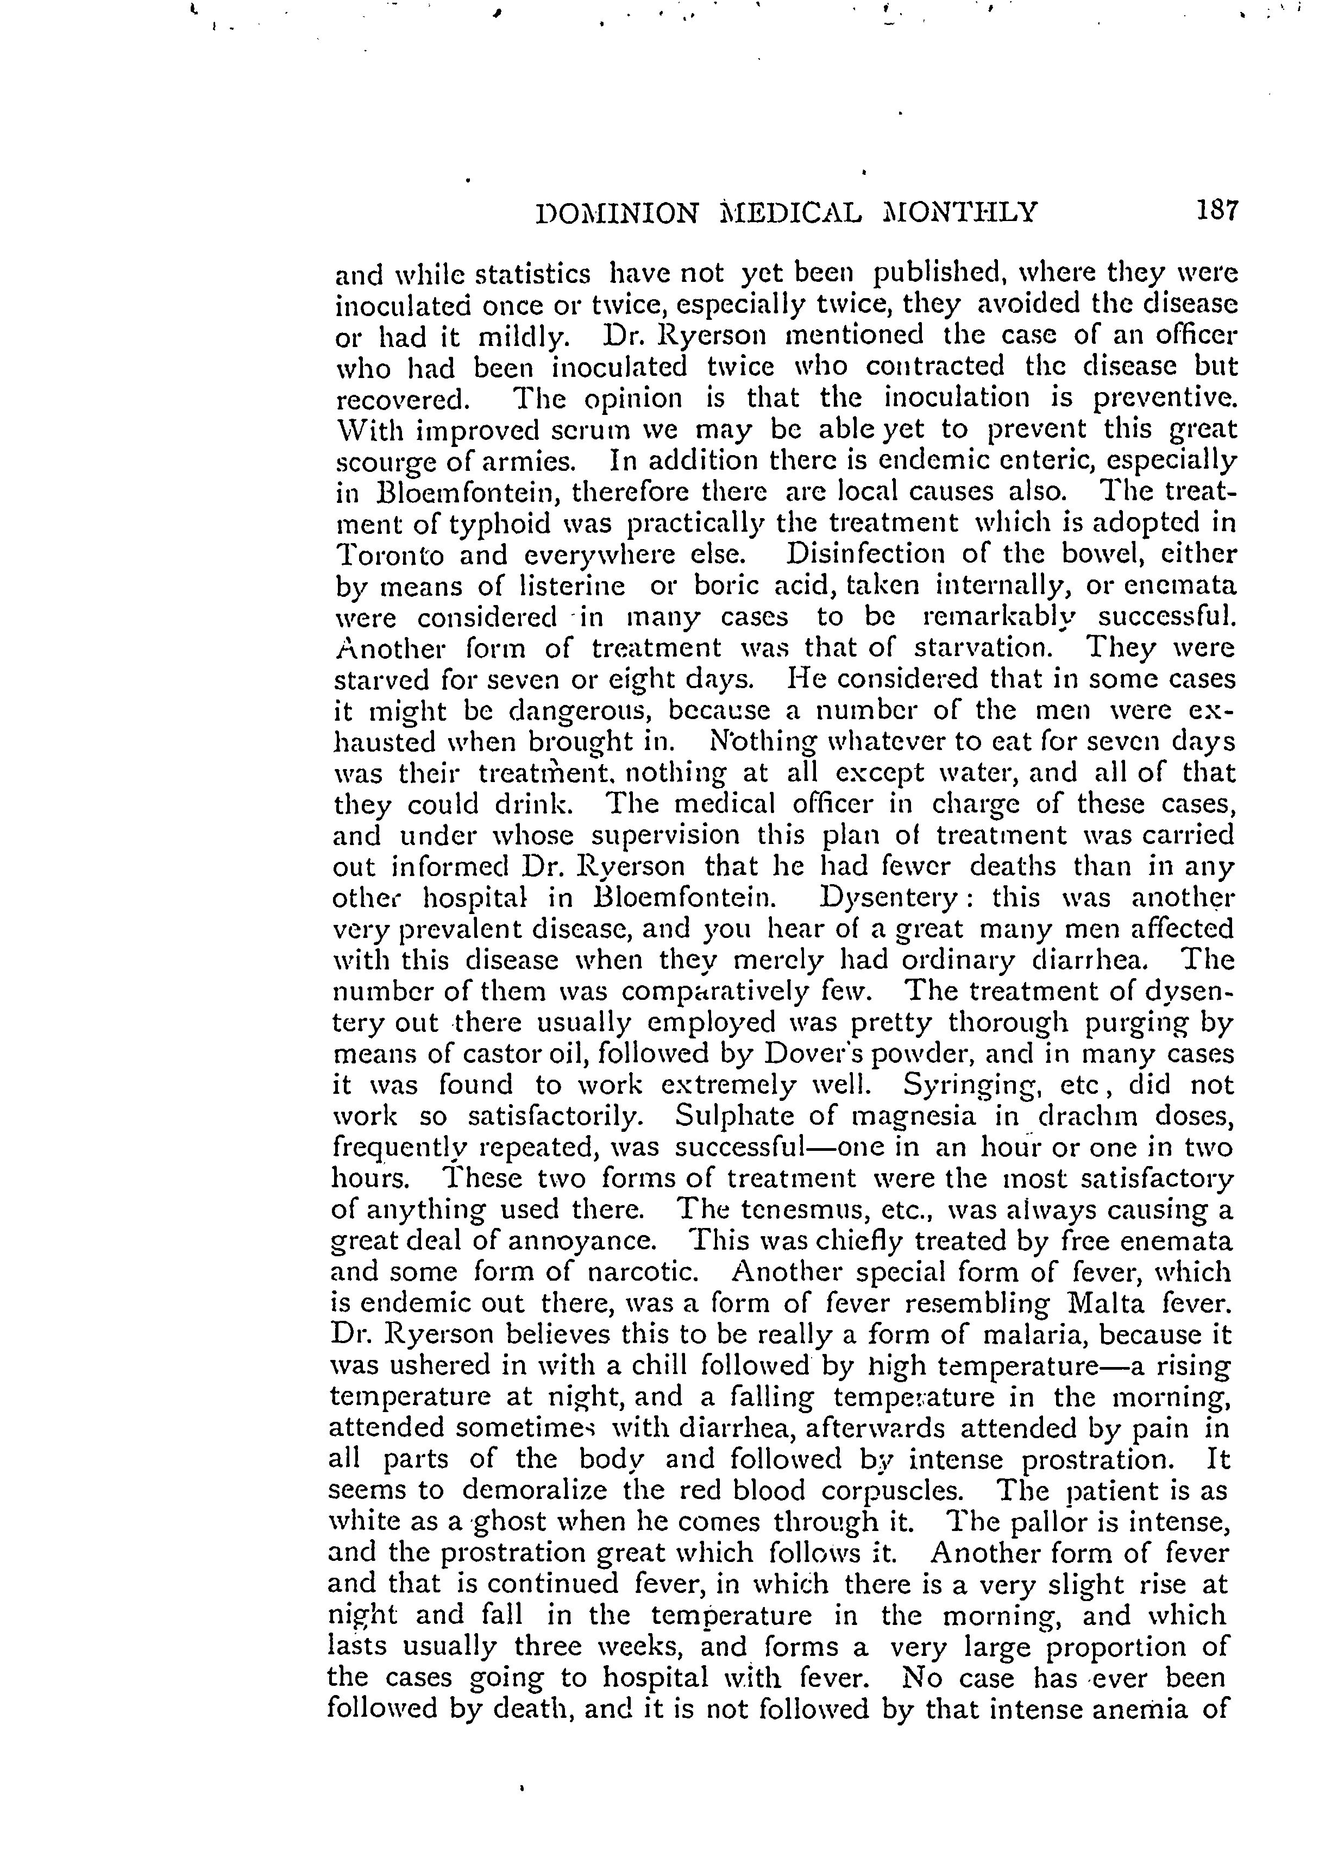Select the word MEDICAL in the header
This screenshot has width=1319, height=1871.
point(791,213)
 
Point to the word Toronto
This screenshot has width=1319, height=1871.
point(391,555)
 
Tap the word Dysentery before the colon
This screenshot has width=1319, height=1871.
point(892,898)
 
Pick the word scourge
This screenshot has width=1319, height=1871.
point(376,462)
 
